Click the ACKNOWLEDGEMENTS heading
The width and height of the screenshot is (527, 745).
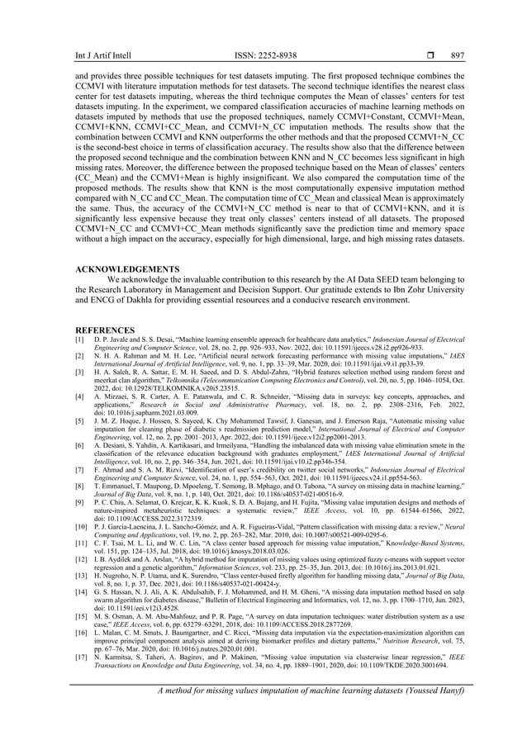pyautogui.click(x=127, y=269)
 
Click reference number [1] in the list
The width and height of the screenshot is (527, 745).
pyautogui.click(x=80, y=340)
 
